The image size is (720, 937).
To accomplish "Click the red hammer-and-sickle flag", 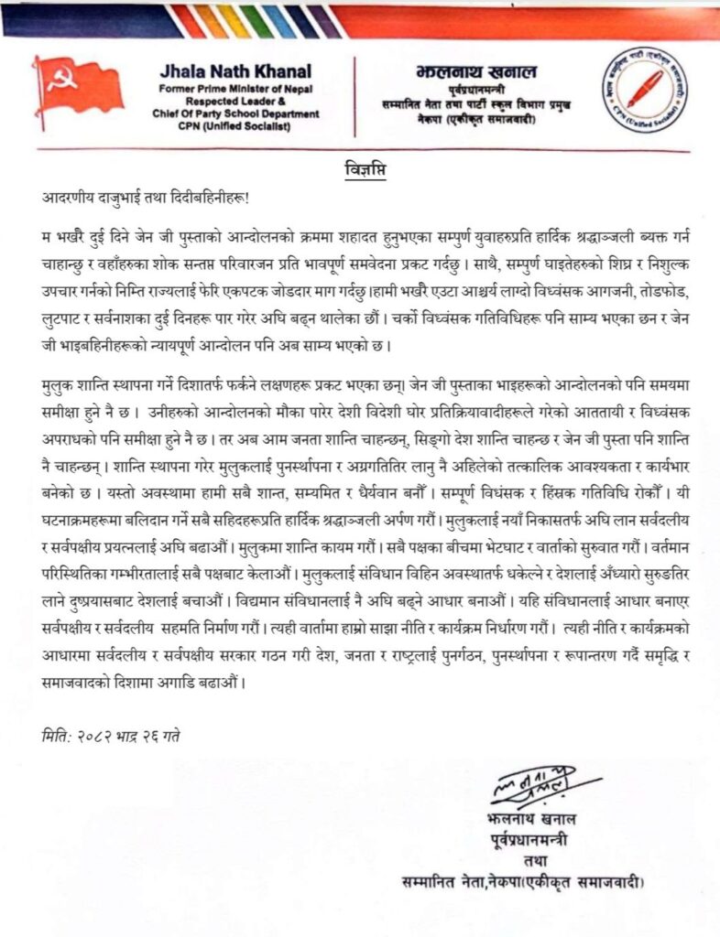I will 78,87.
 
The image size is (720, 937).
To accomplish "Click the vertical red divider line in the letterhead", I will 355,95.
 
